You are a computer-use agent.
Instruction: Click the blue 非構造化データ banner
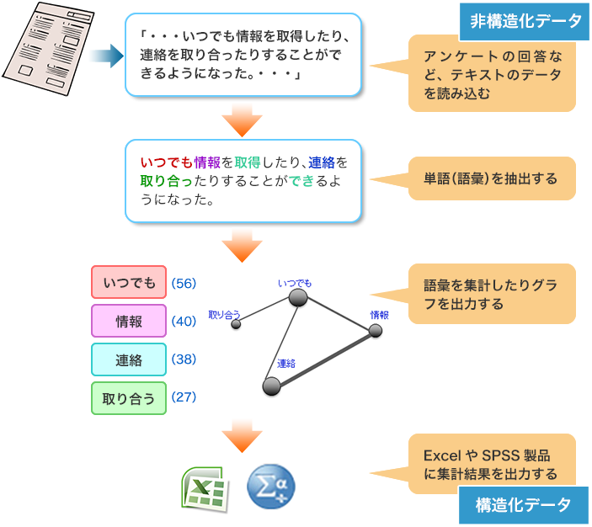pyautogui.click(x=525, y=21)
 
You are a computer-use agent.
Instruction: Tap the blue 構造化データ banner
pyautogui.click(x=524, y=505)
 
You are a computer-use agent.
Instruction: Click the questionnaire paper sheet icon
pyautogui.click(x=48, y=48)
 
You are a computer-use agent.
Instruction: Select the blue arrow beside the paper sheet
pyautogui.click(x=107, y=56)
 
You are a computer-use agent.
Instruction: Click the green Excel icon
pyautogui.click(x=205, y=489)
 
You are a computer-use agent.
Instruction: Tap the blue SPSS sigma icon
pyautogui.click(x=271, y=487)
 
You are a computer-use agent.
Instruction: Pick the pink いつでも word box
pyautogui.click(x=129, y=282)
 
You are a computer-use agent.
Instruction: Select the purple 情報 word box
pyautogui.click(x=129, y=321)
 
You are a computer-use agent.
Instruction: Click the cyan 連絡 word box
pyautogui.click(x=129, y=359)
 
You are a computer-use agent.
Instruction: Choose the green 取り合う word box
pyautogui.click(x=129, y=398)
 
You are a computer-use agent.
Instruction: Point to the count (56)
pyautogui.click(x=184, y=283)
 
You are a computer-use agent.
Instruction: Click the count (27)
pyautogui.click(x=184, y=397)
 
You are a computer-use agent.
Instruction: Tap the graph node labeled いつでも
pyautogui.click(x=298, y=297)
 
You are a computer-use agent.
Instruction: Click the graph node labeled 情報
pyautogui.click(x=376, y=331)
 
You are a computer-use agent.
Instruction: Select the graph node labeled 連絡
pyautogui.click(x=271, y=386)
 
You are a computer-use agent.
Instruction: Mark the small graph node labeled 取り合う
pyautogui.click(x=236, y=324)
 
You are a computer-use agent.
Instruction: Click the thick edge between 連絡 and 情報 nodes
pyautogui.click(x=323, y=359)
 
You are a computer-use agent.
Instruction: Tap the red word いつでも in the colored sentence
pyautogui.click(x=167, y=162)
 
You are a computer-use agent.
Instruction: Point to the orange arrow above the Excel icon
pyautogui.click(x=242, y=436)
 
